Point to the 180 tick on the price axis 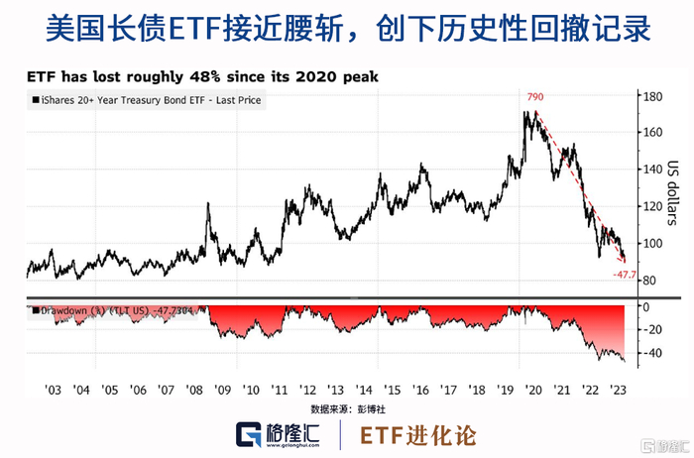pyautogui.click(x=652, y=97)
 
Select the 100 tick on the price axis pyautogui.click(x=652, y=244)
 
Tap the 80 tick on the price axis pyautogui.click(x=649, y=282)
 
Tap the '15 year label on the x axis pyautogui.click(x=394, y=390)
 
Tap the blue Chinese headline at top pyautogui.click(x=347, y=28)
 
